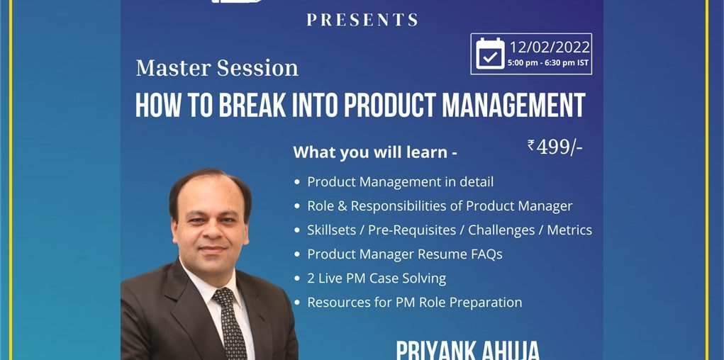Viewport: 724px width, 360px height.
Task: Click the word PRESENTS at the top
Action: pos(362,19)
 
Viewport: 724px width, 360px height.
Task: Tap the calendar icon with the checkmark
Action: pos(491,54)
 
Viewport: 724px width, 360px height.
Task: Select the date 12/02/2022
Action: pos(550,47)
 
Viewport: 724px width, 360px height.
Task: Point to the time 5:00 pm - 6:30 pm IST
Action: pos(548,63)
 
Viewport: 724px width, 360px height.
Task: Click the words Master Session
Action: pos(217,68)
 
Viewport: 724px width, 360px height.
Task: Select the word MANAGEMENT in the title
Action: pos(513,105)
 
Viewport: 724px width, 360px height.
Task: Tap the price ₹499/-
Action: pos(555,147)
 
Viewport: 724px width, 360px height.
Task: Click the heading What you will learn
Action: pos(375,153)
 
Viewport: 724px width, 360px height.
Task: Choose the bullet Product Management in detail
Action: pos(401,182)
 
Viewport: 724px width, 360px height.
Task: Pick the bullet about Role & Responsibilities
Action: pos(440,206)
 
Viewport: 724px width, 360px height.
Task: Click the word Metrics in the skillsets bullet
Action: pos(569,230)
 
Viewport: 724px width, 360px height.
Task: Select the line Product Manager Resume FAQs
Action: pos(404,254)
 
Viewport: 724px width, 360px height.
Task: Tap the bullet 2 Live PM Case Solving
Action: pos(377,279)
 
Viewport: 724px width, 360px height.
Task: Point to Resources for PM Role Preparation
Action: pos(415,303)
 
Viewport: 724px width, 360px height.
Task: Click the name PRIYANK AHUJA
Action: pos(467,351)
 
